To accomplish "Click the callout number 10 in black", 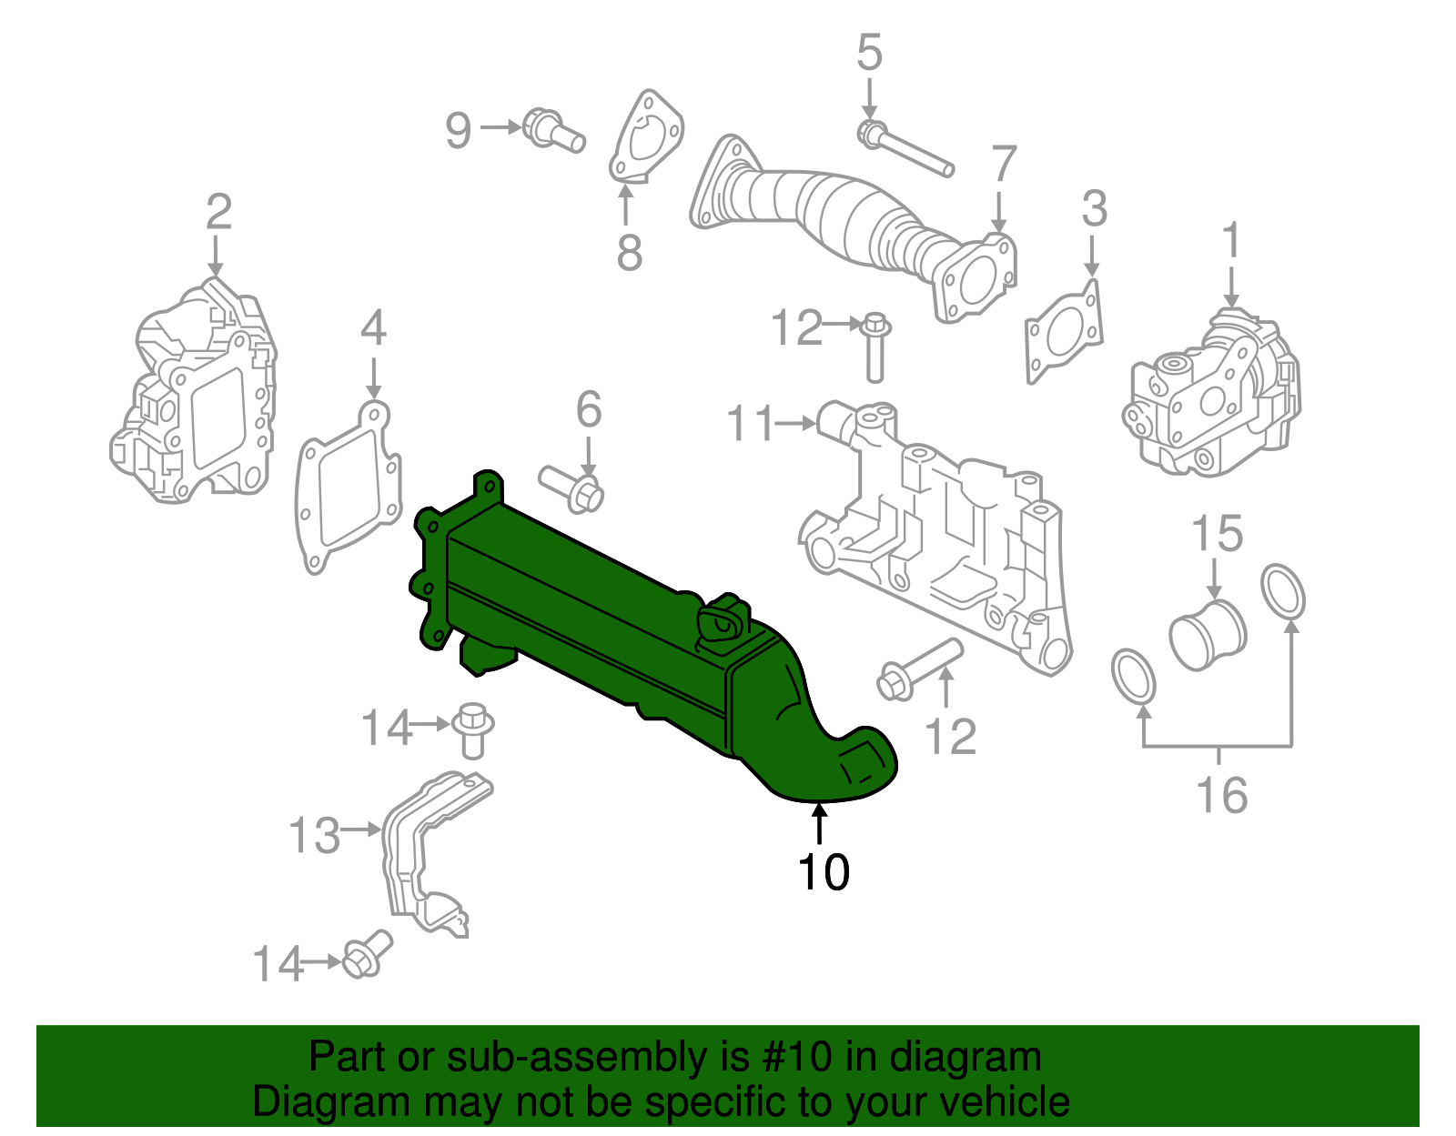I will pos(824,871).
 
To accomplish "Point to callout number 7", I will pos(1003,165).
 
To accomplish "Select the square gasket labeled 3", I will pos(1064,332).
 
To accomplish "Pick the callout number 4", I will pos(373,328).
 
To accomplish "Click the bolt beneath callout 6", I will pos(573,488).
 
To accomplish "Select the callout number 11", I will pos(751,424).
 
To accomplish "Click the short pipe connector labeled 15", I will pos(1207,633).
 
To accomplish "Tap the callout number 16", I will pos(1220,796).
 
